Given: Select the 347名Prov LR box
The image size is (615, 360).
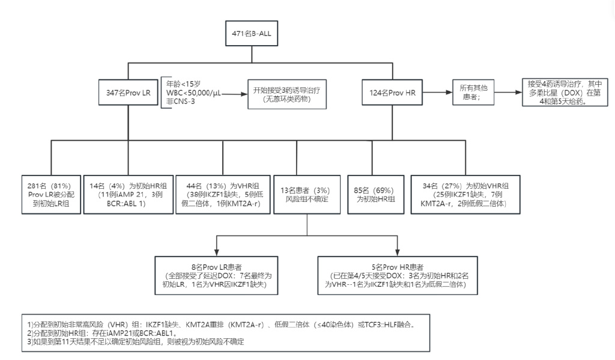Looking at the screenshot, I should click(x=127, y=93).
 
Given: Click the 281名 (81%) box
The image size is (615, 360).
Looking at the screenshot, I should click(x=50, y=195).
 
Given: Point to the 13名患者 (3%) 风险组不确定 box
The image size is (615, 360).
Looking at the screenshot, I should click(x=307, y=195).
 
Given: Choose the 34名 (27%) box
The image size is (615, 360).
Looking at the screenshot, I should click(x=465, y=195).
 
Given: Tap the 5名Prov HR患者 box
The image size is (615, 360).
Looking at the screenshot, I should click(x=398, y=277).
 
